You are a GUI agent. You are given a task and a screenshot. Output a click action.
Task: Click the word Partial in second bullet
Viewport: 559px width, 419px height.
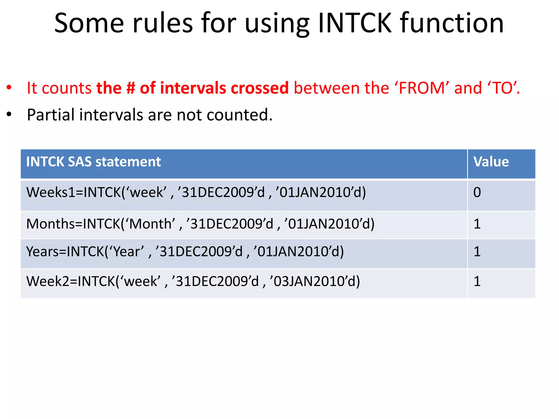(51, 115)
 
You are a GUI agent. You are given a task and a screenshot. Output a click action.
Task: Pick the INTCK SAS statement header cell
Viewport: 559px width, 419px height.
(93, 162)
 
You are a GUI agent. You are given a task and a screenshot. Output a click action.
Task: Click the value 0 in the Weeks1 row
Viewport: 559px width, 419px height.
(477, 193)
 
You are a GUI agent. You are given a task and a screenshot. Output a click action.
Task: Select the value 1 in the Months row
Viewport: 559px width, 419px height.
(477, 224)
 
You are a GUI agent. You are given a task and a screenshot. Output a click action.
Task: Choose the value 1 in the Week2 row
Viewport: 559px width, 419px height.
(477, 282)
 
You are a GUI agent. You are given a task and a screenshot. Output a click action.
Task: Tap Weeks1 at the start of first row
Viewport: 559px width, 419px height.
(50, 193)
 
